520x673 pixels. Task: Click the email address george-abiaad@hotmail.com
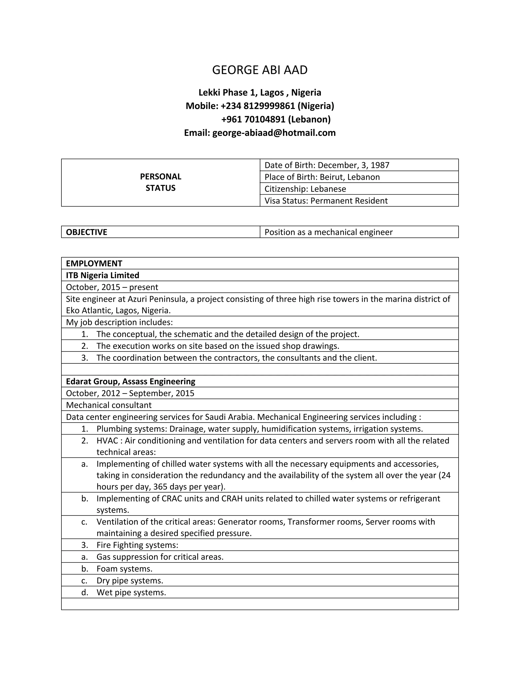(x=274, y=133)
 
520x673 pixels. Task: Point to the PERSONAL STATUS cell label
(x=160, y=182)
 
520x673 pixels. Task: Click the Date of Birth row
(x=327, y=165)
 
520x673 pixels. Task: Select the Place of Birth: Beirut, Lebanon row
(x=322, y=177)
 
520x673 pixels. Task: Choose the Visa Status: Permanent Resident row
(x=326, y=201)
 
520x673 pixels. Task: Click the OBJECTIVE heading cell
(x=87, y=232)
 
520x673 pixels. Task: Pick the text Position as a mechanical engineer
(x=328, y=232)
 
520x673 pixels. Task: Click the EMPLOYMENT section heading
(x=94, y=263)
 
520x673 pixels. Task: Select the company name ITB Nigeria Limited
(x=103, y=275)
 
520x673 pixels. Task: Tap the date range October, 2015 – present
(x=112, y=287)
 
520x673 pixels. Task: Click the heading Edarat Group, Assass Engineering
(x=131, y=381)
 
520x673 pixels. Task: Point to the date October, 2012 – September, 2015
(x=130, y=393)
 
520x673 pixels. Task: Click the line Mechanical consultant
(x=109, y=405)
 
